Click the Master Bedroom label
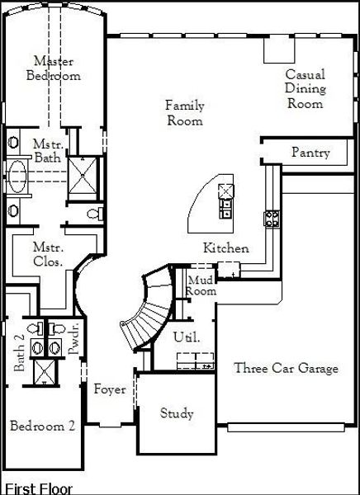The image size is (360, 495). tap(54, 68)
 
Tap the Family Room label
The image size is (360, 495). tap(185, 113)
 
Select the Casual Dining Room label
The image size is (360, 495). tap(305, 89)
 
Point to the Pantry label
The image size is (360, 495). tap(310, 153)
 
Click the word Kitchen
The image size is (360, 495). tap(225, 247)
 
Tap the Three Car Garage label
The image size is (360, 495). tap(286, 368)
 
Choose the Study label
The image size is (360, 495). tap(177, 413)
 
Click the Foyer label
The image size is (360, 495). tap(110, 389)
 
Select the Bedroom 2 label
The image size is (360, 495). tap(42, 426)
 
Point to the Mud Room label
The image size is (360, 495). tap(201, 285)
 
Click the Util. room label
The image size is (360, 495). tap(187, 337)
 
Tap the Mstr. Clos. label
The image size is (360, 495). tap(48, 254)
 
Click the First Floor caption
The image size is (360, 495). tap(39, 488)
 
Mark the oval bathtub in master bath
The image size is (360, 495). tap(17, 177)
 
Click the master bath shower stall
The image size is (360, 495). tap(83, 175)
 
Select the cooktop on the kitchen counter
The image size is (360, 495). tap(272, 219)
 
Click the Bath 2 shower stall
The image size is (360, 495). tap(45, 372)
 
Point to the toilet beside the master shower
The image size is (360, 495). tap(95, 214)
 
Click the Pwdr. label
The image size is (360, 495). tap(74, 339)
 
